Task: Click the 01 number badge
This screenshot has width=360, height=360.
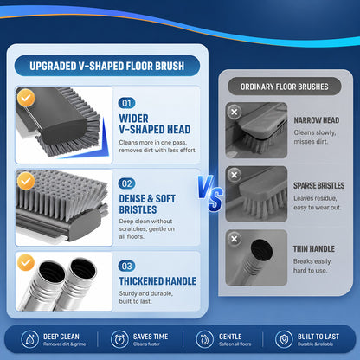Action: [126, 103]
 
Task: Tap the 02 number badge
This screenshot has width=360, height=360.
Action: [126, 183]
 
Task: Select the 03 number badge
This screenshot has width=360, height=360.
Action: [126, 266]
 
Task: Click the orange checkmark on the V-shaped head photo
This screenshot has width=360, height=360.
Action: [26, 98]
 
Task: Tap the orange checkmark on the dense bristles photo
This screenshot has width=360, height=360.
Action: [26, 181]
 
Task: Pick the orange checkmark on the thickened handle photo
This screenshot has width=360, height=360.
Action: [26, 262]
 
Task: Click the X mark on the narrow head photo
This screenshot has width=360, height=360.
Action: [235, 112]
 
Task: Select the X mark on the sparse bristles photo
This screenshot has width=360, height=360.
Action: [235, 175]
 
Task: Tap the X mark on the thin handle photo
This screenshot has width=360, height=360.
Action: [235, 239]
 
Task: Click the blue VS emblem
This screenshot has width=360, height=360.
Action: [210, 193]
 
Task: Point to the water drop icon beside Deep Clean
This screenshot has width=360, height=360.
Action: [29, 339]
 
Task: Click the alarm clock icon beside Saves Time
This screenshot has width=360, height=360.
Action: [119, 339]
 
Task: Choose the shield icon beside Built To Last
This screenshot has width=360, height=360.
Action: [284, 339]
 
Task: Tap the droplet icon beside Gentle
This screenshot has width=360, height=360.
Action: [204, 339]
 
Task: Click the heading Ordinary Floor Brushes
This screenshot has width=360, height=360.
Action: [285, 87]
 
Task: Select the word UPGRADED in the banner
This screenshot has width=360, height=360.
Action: [53, 66]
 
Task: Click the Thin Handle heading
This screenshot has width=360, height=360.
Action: [314, 249]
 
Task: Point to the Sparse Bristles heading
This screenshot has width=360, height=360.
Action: [318, 185]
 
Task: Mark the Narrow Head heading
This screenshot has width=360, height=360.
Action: [317, 120]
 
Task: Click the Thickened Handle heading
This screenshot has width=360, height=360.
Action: [157, 281]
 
